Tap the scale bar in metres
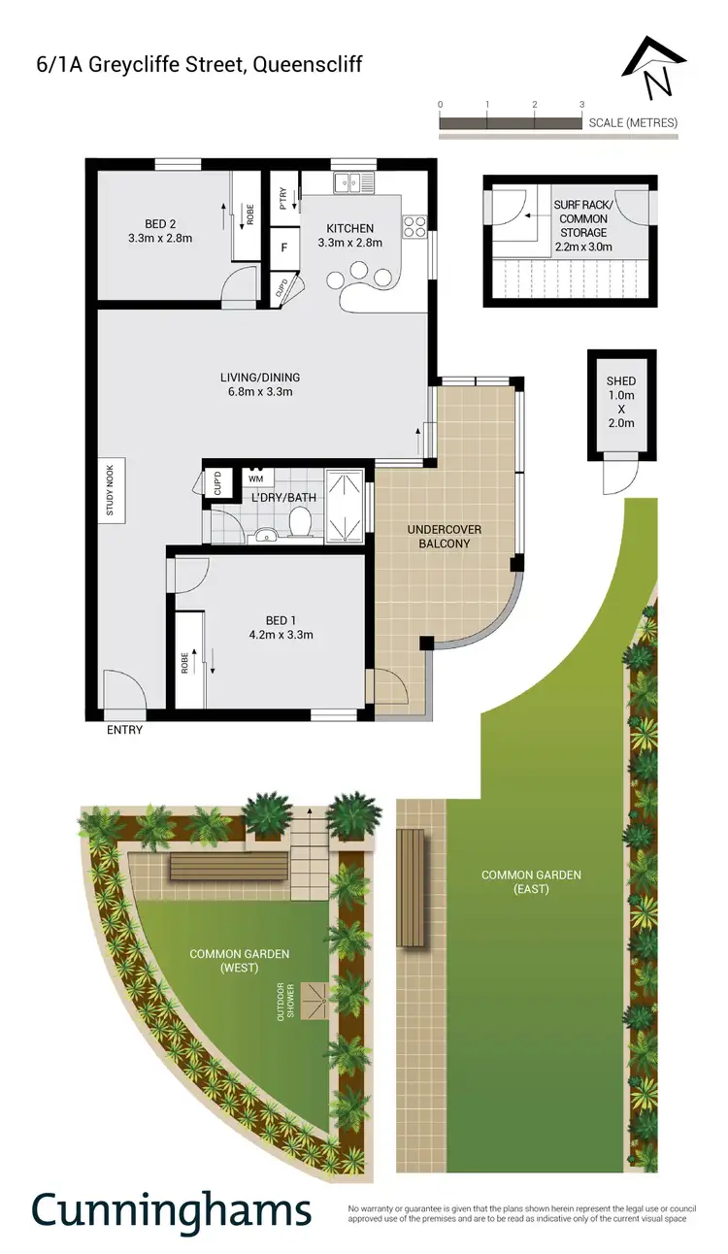tap(511, 122)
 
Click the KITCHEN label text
tap(349, 229)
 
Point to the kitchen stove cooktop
tap(414, 226)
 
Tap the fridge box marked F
tap(284, 247)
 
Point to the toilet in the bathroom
tap(300, 525)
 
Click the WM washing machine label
tap(255, 478)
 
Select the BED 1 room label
tap(289, 628)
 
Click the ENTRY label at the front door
tap(124, 730)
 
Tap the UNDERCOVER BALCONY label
tap(445, 536)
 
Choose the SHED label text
tap(620, 381)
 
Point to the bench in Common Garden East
tap(412, 887)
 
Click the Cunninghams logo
tap(172, 1210)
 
